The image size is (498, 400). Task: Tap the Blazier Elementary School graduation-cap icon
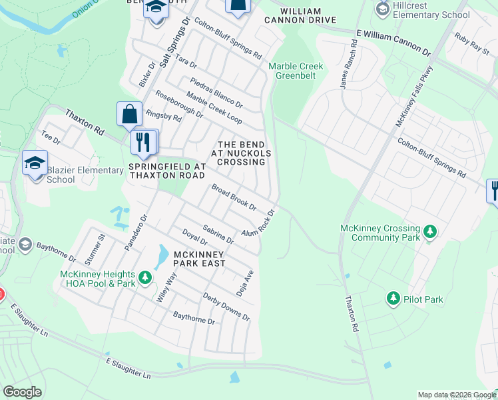click(35, 163)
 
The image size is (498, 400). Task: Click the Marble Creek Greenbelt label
click(296, 71)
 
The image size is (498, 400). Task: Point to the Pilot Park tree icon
click(393, 299)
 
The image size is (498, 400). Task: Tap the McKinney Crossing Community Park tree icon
click(431, 232)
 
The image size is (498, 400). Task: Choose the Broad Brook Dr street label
click(234, 197)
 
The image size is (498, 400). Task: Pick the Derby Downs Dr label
click(226, 307)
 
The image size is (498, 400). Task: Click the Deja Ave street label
click(245, 283)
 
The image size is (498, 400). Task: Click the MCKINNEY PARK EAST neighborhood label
click(200, 259)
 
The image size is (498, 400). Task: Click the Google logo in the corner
click(22, 391)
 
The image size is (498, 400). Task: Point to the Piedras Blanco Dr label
click(216, 91)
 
